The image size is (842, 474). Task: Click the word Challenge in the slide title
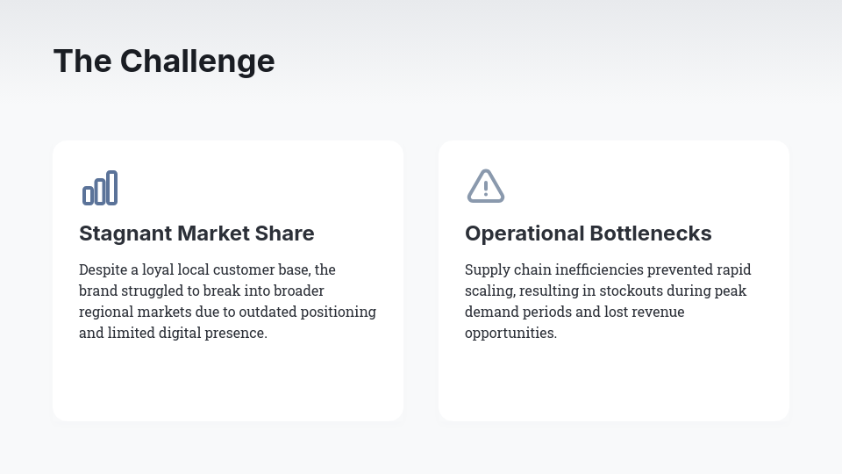[197, 61]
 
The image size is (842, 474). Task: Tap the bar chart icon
[100, 188]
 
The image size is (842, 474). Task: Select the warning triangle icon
[486, 186]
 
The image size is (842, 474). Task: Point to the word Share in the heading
[285, 233]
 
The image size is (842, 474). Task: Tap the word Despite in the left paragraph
[102, 269]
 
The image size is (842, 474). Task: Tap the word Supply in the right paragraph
[486, 269]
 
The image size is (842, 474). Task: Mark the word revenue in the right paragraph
[657, 312]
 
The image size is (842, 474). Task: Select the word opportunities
[509, 333]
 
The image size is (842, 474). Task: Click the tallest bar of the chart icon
[112, 187]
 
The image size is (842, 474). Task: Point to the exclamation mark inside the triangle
[486, 188]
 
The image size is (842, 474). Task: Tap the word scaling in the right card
[487, 291]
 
